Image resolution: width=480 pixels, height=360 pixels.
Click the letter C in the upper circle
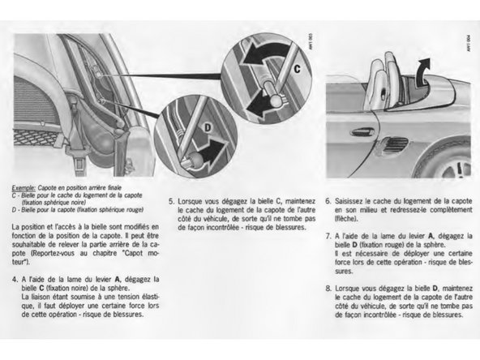click(296, 71)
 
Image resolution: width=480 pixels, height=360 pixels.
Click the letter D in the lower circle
click(206, 128)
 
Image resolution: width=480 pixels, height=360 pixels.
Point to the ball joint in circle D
click(192, 159)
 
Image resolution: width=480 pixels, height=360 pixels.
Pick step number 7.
click(328, 235)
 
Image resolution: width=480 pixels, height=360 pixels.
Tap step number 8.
click(328, 287)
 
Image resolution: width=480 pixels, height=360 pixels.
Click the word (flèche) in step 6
click(349, 216)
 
